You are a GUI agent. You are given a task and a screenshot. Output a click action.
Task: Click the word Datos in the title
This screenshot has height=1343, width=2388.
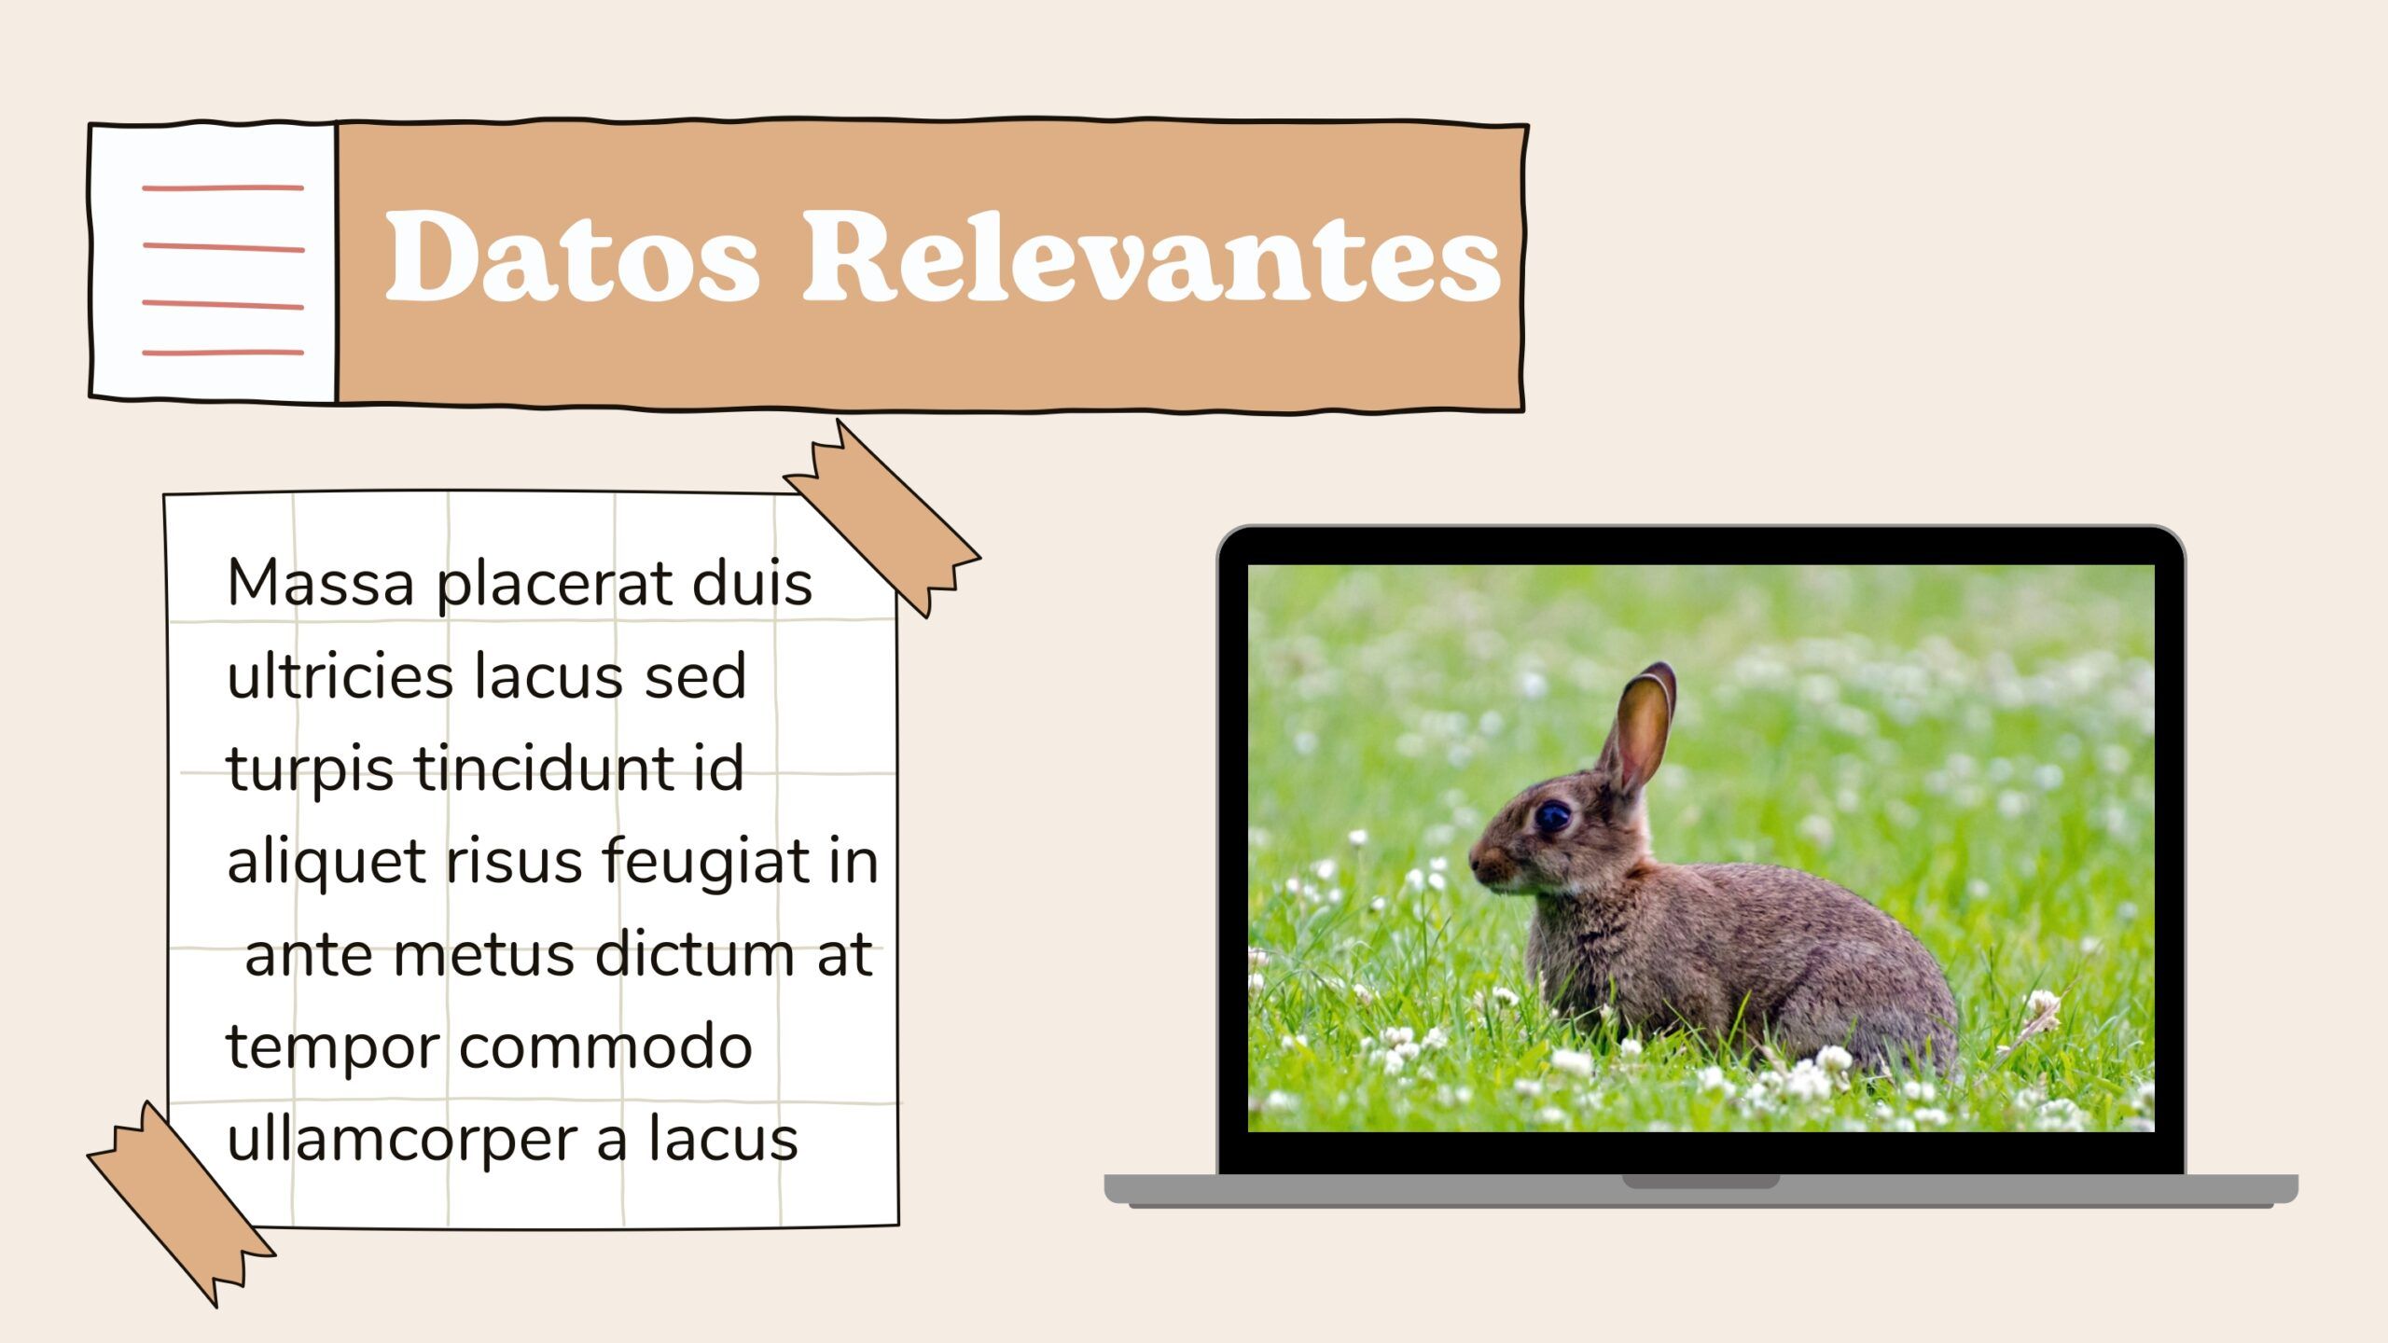572,255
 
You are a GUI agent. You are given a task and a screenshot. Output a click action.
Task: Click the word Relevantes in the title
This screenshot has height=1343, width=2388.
1152,255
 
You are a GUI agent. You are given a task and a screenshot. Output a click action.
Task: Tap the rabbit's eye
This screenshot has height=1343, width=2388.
1552,816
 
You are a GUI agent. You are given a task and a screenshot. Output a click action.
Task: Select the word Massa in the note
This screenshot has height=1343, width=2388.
321,584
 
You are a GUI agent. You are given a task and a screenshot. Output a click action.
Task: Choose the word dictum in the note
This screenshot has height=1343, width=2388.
695,954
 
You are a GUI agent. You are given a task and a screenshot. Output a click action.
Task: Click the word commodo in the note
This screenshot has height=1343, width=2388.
605,1047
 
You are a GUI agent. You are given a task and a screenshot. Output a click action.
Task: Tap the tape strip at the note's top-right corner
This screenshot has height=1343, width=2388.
882,518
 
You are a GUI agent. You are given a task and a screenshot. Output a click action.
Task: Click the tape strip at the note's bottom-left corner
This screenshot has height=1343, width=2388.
182,1204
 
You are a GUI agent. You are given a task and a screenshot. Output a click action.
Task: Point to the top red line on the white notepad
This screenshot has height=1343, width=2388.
223,188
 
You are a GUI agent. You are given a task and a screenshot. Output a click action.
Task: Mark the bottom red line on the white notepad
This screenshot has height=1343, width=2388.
223,353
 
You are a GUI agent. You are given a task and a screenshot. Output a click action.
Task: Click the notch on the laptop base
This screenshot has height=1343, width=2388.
1701,1182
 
